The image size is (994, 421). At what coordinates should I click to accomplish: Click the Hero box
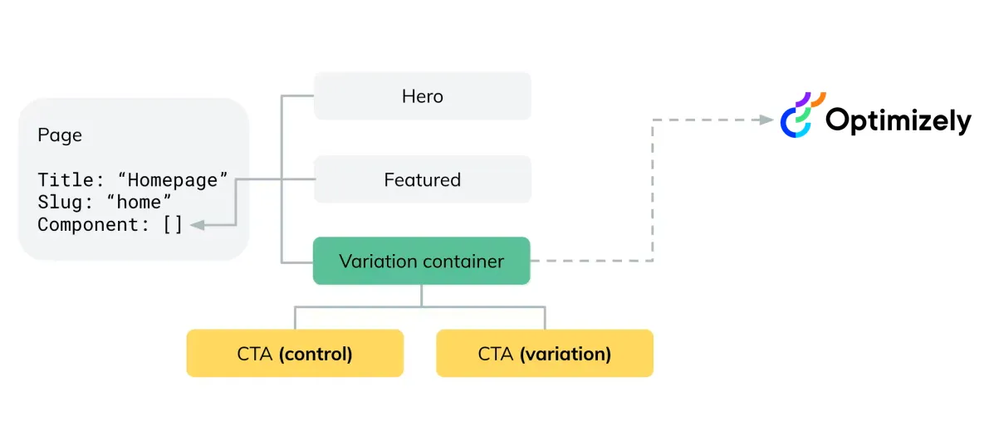coord(422,95)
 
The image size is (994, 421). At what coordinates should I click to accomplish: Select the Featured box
coord(422,179)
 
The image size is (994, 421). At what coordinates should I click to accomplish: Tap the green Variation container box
coord(422,261)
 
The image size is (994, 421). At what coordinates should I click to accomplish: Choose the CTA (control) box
coord(295,353)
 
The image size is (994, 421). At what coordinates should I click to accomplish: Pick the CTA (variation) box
coord(545,353)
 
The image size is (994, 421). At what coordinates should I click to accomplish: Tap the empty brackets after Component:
coord(173,225)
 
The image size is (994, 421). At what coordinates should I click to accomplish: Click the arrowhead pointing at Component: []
coord(197,225)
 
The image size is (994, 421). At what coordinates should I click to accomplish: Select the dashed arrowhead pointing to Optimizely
coord(766,120)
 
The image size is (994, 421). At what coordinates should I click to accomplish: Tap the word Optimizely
coord(899,120)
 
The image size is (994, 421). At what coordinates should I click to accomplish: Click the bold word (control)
coord(316,354)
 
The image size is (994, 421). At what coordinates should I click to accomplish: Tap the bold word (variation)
coord(566,354)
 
